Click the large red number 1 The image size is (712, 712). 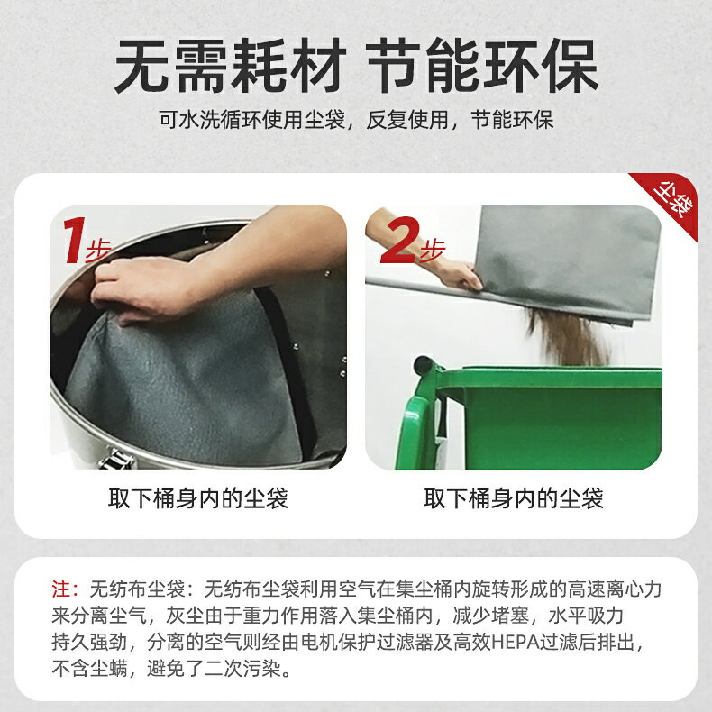73,241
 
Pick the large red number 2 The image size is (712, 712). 399,241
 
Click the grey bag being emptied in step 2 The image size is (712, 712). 568,261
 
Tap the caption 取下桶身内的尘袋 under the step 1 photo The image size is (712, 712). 198,498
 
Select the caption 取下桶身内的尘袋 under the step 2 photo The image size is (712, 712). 514,498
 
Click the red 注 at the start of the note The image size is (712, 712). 61,590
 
